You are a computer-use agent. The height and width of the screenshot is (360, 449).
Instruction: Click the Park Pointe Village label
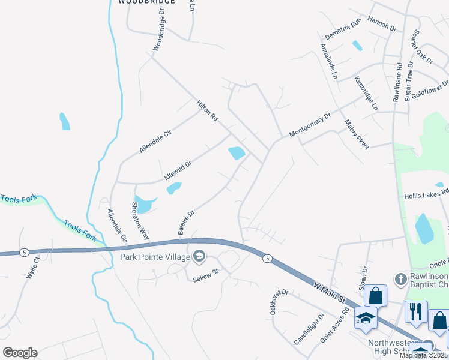click(x=154, y=257)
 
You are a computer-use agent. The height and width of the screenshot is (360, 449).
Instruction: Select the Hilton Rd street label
click(x=206, y=111)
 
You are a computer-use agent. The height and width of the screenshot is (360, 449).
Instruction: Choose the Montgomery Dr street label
click(x=310, y=125)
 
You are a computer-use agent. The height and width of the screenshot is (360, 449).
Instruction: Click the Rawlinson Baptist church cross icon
click(x=400, y=279)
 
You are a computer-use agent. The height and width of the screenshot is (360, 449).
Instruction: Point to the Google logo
click(x=20, y=353)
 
